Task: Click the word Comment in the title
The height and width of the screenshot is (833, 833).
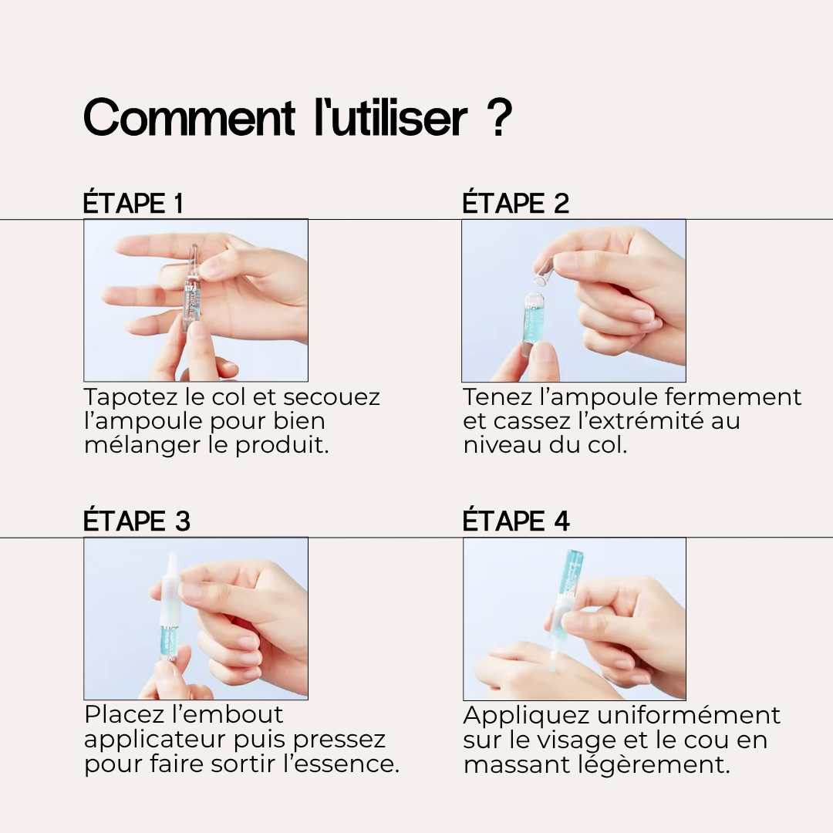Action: tap(189, 117)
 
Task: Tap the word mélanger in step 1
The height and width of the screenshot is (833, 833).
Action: tap(142, 445)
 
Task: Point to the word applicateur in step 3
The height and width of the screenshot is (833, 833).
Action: tap(154, 740)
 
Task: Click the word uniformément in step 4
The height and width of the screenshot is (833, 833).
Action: tap(689, 715)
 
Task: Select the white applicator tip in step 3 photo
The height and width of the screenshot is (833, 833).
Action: tap(171, 585)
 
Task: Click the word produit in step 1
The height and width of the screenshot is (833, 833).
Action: tap(282, 445)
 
